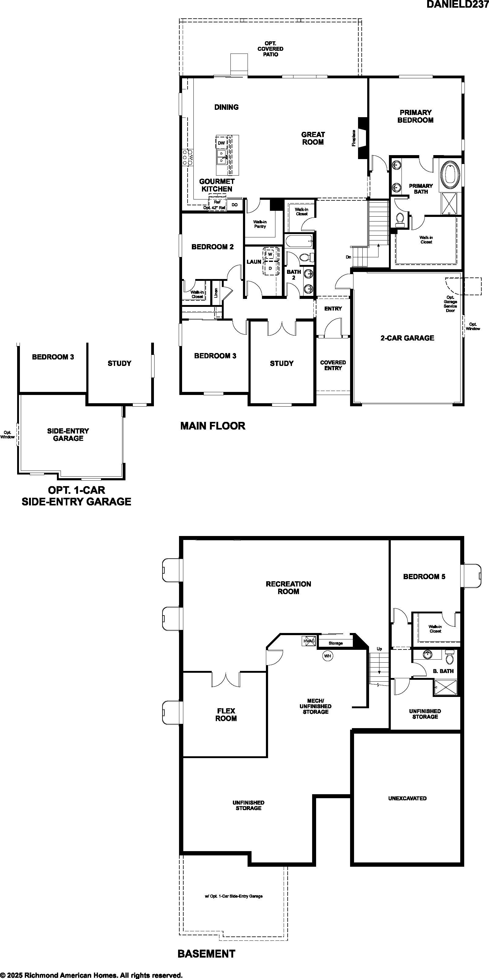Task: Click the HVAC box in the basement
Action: point(309,641)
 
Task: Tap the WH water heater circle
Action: point(327,656)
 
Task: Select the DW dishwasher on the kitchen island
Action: point(222,143)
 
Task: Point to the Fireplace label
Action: point(354,138)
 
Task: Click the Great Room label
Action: point(313,138)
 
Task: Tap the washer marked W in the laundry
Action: point(270,254)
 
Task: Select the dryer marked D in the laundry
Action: point(270,268)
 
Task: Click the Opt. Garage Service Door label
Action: point(450,304)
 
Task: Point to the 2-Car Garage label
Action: point(407,338)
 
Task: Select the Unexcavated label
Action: point(407,798)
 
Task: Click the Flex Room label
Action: point(226,714)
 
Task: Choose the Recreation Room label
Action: point(288,587)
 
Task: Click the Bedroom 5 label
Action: point(424,576)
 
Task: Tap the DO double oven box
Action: point(235,205)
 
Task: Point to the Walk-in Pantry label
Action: point(260,224)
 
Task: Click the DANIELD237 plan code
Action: point(457,4)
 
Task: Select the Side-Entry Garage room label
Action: point(68,434)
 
